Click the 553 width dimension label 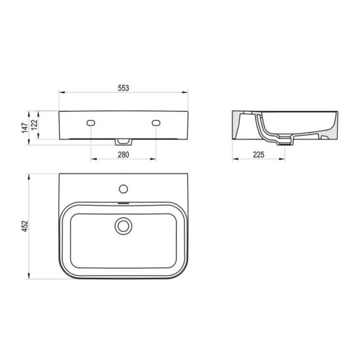point(124,88)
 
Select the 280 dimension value point(124,155)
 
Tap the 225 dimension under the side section point(259,155)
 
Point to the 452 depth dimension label point(25,226)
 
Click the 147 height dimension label point(25,128)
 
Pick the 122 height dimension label point(34,125)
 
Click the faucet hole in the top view point(124,189)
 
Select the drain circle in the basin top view point(124,226)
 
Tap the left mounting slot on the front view point(91,123)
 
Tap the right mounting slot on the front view point(156,123)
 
